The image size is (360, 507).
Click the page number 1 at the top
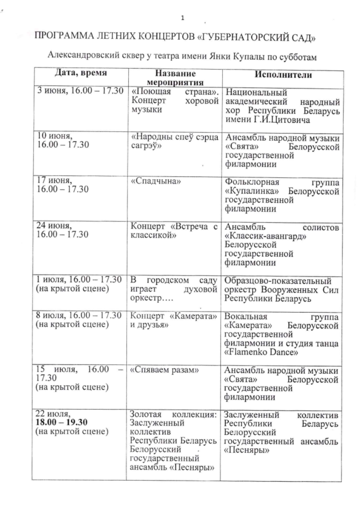pos(183,18)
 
